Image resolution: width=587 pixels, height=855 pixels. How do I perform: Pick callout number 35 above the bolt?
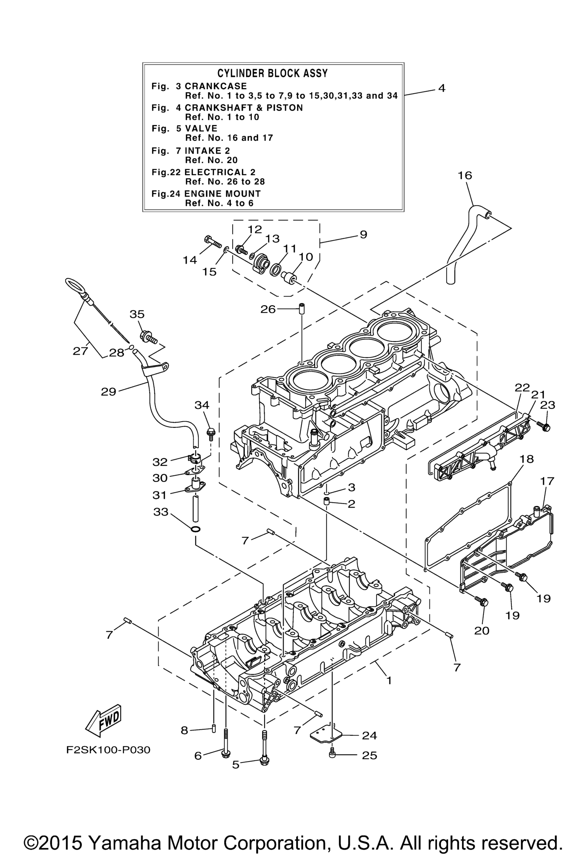point(137,314)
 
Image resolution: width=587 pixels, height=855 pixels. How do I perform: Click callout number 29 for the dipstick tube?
point(109,392)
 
